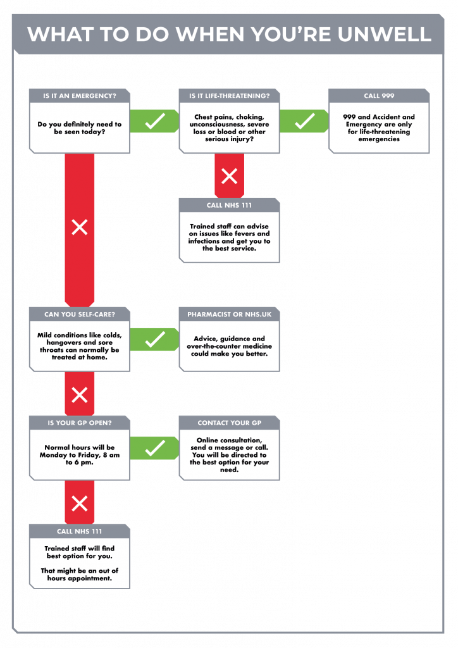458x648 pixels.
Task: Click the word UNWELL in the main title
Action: click(384, 34)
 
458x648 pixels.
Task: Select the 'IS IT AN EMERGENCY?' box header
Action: click(80, 96)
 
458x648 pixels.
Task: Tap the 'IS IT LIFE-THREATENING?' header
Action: click(229, 96)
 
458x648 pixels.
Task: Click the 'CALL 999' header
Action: click(379, 96)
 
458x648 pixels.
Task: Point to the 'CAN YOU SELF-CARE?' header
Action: click(80, 315)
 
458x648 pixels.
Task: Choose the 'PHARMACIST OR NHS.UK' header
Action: click(229, 315)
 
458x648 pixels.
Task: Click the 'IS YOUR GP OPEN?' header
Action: click(80, 423)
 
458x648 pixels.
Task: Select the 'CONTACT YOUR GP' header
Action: click(229, 423)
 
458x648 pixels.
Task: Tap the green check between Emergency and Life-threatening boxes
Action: click(155, 121)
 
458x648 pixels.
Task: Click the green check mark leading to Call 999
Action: click(305, 121)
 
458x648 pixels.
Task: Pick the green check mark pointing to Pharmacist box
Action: click(155, 339)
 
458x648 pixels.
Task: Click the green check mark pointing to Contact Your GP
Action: click(155, 448)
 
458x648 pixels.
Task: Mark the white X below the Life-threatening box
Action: click(229, 176)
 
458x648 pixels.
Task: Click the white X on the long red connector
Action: click(80, 227)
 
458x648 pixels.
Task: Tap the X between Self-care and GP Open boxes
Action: click(80, 395)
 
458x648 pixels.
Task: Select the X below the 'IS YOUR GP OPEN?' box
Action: click(80, 503)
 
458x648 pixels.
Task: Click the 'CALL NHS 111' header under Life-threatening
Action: click(229, 206)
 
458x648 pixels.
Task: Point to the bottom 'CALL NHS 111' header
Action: click(80, 532)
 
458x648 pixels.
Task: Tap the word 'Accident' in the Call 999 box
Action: click(387, 117)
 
